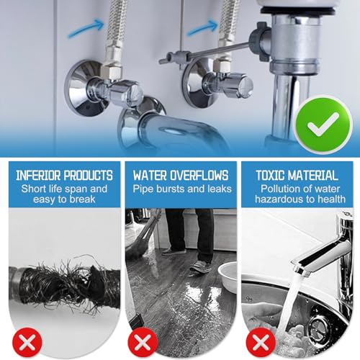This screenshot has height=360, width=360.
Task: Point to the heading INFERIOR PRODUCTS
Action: (x=65, y=175)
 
